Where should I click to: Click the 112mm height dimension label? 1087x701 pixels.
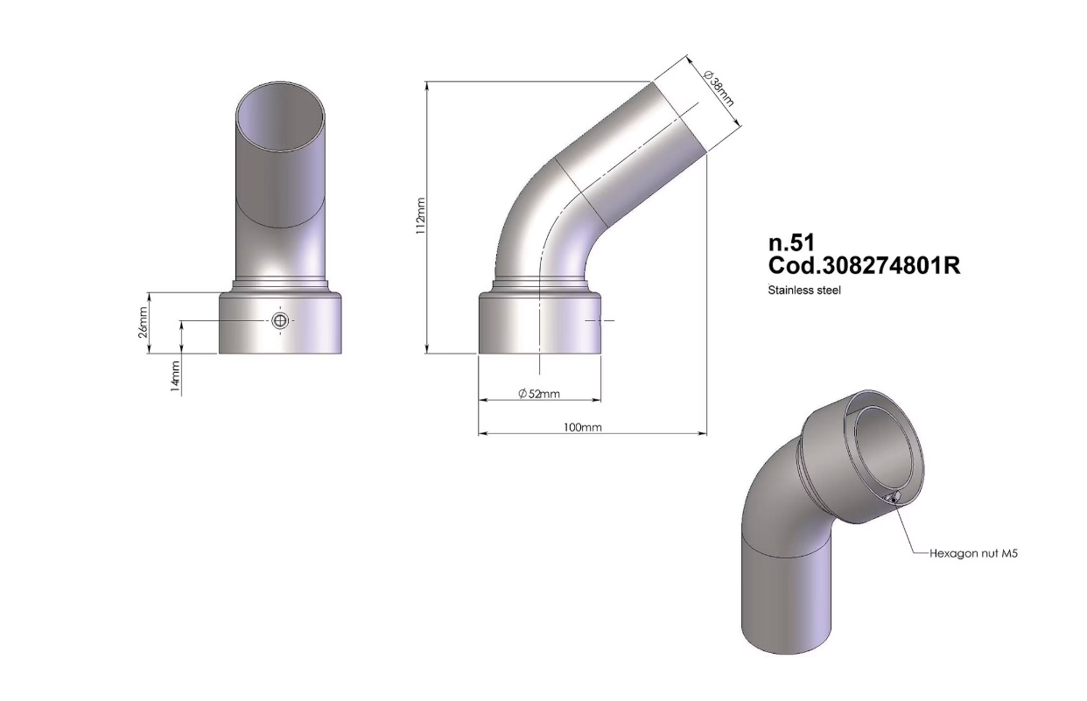pyautogui.click(x=420, y=216)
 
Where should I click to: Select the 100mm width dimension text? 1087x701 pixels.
pyautogui.click(x=583, y=428)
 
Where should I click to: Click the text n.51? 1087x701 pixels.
pyautogui.click(x=791, y=245)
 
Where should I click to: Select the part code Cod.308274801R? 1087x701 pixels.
pyautogui.click(x=863, y=266)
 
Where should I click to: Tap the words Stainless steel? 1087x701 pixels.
pyautogui.click(x=803, y=291)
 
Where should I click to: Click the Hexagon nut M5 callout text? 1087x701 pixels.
pyautogui.click(x=974, y=554)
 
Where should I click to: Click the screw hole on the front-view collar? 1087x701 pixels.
pyautogui.click(x=280, y=321)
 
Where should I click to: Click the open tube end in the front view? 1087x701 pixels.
pyautogui.click(x=281, y=116)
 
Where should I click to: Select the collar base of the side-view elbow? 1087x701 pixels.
pyautogui.click(x=540, y=324)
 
